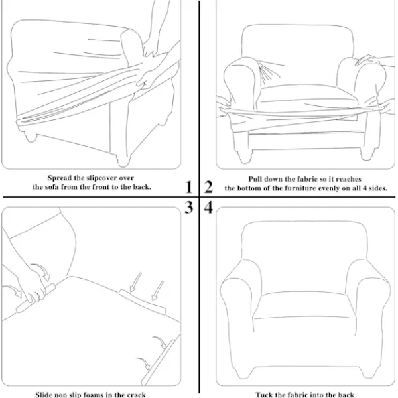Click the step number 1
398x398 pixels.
tap(188, 187)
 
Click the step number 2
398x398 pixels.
tap(208, 187)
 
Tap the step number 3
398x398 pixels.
tap(188, 208)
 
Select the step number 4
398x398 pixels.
tap(208, 207)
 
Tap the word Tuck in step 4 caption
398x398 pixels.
tap(262, 395)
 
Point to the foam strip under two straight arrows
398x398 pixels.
tap(143, 302)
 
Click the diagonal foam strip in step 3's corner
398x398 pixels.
tap(159, 362)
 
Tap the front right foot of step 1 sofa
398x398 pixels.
tap(123, 159)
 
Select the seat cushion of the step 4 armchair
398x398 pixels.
tap(304, 305)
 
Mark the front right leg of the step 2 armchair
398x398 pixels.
tap(367, 154)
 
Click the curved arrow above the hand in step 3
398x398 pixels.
tap(41, 271)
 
